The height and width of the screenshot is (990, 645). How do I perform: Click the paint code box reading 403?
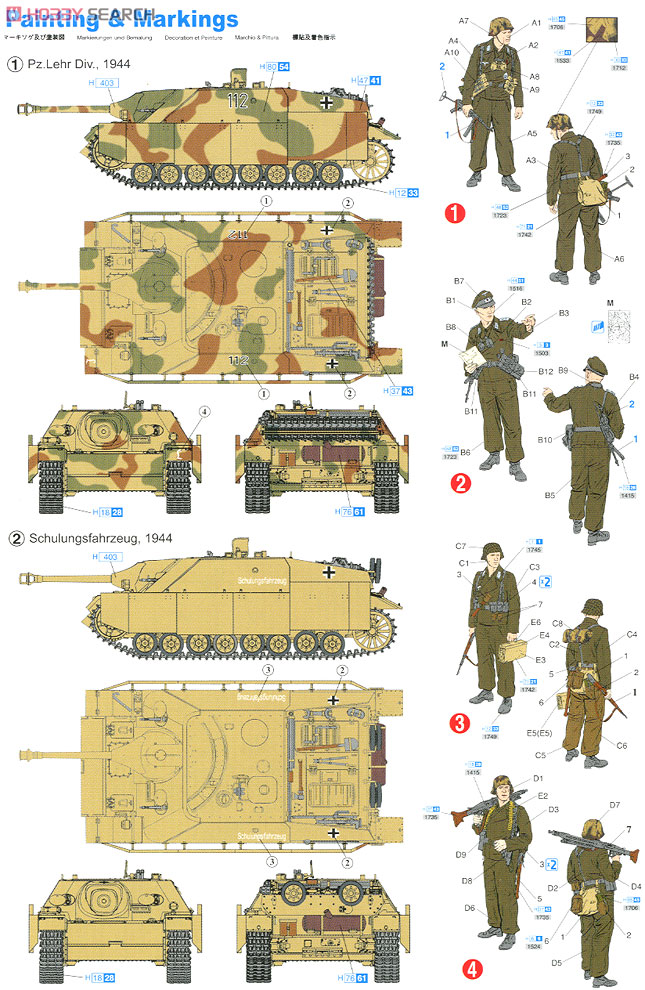point(107,83)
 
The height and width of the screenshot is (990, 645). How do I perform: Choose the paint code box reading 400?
point(110,557)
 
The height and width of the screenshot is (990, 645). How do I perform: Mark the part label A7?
point(492,21)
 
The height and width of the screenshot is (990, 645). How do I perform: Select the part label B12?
point(545,372)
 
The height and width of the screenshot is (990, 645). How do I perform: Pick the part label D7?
point(615,805)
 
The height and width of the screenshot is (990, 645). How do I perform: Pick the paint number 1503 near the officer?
point(541,352)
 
